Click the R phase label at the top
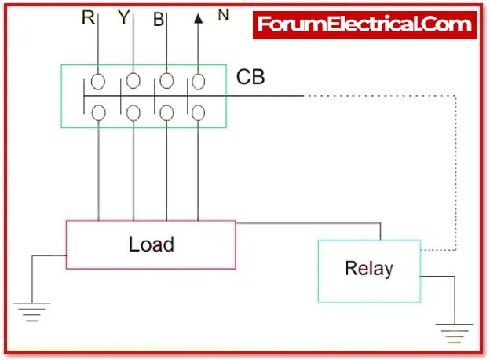[x=88, y=17]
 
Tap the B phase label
[x=159, y=20]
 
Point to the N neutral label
[x=223, y=15]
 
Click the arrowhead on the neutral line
[x=198, y=17]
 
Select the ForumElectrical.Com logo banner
[x=365, y=25]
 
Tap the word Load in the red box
[x=151, y=244]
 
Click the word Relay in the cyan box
[x=368, y=269]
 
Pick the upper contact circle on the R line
[x=99, y=80]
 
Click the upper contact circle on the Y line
[x=133, y=80]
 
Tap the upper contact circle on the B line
[x=166, y=80]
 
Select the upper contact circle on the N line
[x=199, y=80]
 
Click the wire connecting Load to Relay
[x=314, y=223]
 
